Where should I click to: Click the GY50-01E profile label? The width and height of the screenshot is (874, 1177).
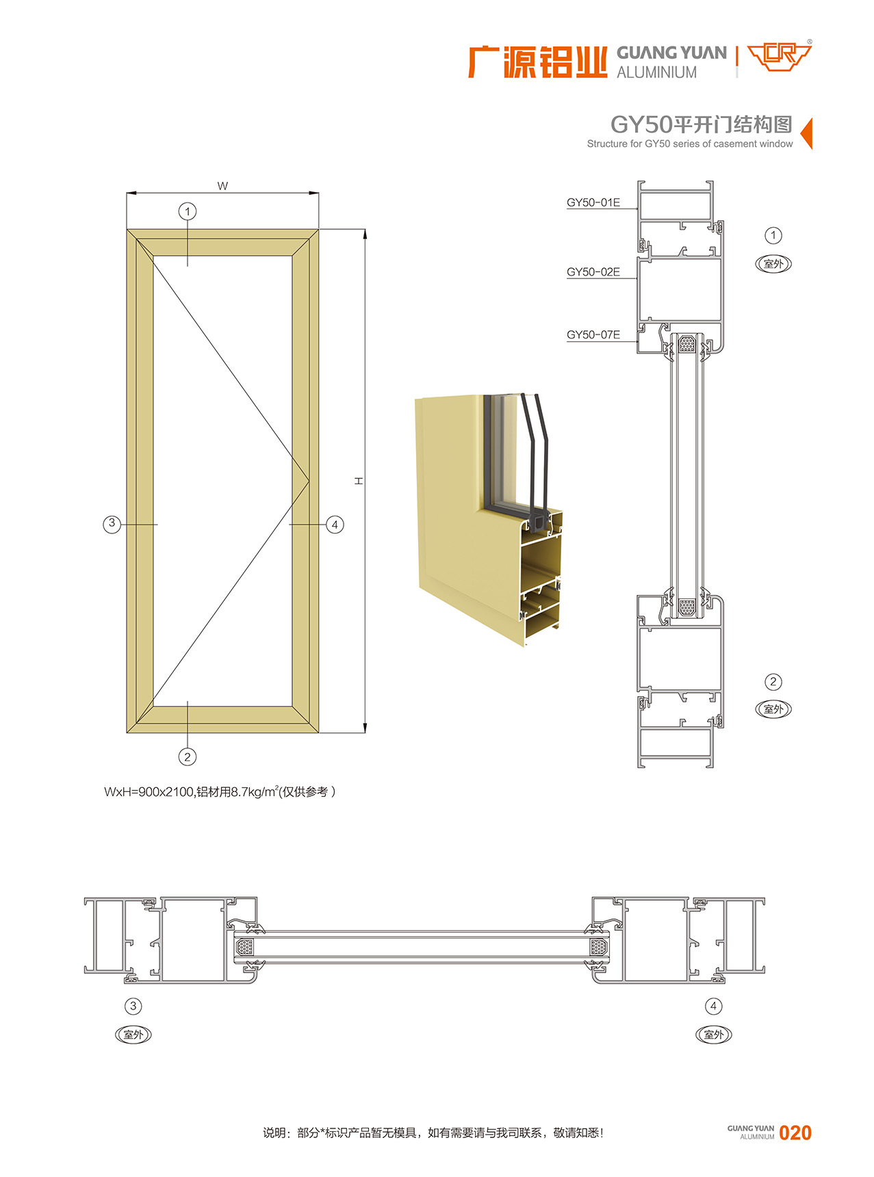[x=593, y=202]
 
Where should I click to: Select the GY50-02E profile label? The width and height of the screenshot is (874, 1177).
[x=593, y=272]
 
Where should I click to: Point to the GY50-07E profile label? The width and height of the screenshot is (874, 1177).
[x=593, y=335]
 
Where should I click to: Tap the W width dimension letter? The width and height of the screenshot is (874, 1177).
[x=222, y=186]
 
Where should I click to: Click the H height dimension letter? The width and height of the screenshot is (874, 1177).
[x=358, y=481]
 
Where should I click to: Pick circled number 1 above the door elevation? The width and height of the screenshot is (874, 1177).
[x=188, y=211]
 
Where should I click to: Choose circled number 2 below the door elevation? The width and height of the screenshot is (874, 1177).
[x=188, y=756]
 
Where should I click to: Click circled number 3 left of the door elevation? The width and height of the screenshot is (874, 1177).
[x=112, y=524]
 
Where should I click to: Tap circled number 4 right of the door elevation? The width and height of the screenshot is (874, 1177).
[x=335, y=525]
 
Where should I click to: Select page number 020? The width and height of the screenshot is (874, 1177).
[x=795, y=1133]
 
